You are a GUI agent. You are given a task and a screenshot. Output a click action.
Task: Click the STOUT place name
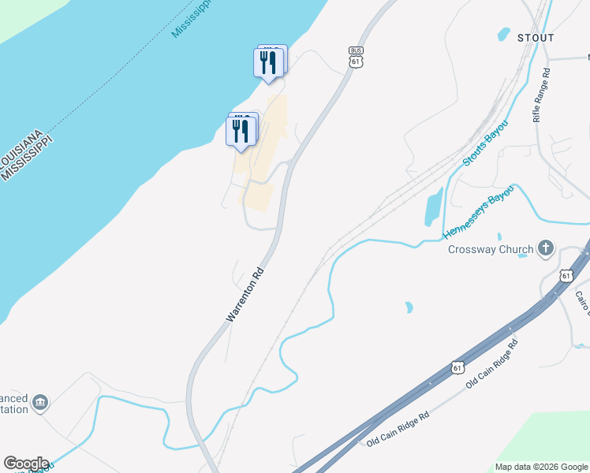[536, 38]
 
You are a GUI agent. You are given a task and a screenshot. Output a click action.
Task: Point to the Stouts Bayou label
[484, 143]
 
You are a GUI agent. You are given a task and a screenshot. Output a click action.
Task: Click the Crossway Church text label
[491, 250]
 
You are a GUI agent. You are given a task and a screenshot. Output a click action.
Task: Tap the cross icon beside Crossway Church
[545, 249]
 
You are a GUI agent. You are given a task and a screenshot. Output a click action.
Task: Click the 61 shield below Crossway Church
[566, 275]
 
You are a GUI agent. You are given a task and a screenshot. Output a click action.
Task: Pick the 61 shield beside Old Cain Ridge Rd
[458, 367]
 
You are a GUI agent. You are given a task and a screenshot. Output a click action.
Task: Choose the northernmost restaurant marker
[268, 62]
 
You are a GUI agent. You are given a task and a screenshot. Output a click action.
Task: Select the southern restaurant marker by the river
[241, 131]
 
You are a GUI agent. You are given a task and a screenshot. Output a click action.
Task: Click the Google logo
[26, 464]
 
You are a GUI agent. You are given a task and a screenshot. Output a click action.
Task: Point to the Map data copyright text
[540, 467]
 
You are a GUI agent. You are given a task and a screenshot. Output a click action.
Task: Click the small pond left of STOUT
[503, 34]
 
